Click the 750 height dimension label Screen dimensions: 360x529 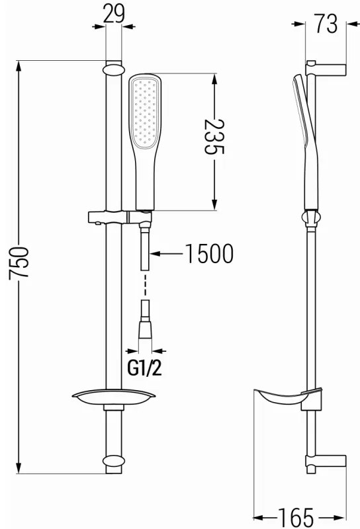(x=19, y=262)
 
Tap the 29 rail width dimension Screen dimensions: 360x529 (x=114, y=14)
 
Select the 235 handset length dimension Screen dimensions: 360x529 (x=214, y=136)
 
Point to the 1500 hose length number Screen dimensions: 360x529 (x=209, y=253)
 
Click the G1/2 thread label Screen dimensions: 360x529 (x=144, y=368)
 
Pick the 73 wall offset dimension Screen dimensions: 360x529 (x=326, y=24)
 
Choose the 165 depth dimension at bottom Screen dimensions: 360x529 (x=296, y=516)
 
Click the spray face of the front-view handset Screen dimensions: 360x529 (x=145, y=112)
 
